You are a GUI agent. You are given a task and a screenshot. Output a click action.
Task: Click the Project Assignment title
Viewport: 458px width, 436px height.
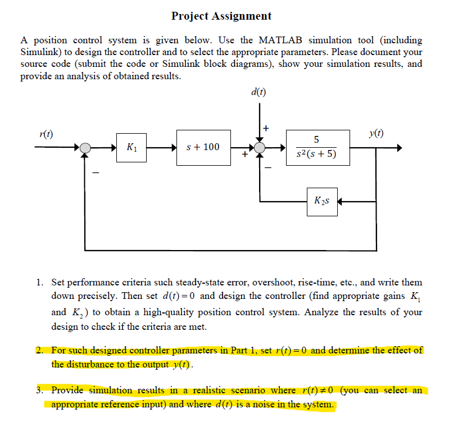pos(221,16)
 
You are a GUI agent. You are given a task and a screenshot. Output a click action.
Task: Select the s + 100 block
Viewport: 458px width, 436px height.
pos(203,148)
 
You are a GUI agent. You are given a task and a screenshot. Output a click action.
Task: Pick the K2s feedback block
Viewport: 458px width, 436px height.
pos(322,201)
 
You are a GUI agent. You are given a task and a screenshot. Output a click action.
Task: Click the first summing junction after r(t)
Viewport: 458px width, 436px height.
pos(85,148)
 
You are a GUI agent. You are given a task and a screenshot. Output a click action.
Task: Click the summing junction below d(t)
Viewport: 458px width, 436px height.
pos(259,148)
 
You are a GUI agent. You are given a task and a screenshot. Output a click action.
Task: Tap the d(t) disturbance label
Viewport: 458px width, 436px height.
pos(259,92)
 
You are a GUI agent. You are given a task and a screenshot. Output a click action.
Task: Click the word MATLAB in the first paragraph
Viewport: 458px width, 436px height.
pos(280,40)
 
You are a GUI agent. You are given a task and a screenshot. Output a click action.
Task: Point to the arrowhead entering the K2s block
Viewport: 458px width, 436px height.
pos(339,201)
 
